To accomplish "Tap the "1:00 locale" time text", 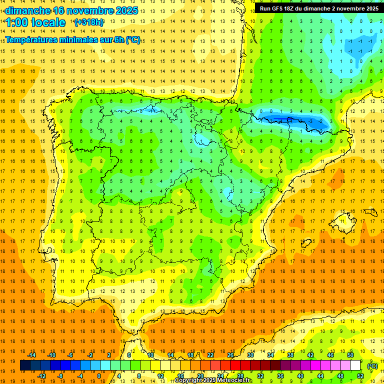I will coord(35,22).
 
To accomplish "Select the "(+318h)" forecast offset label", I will coord(89,22).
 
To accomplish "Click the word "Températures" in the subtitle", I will coord(35,40).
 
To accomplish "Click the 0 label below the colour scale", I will coord(99,376).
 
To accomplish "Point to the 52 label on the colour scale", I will coord(360,376).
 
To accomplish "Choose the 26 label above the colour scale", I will coord(230,355).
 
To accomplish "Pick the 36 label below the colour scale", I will coord(280,376).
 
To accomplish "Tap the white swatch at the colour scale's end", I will coord(355,365).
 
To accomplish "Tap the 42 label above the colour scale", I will coord(310,355).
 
